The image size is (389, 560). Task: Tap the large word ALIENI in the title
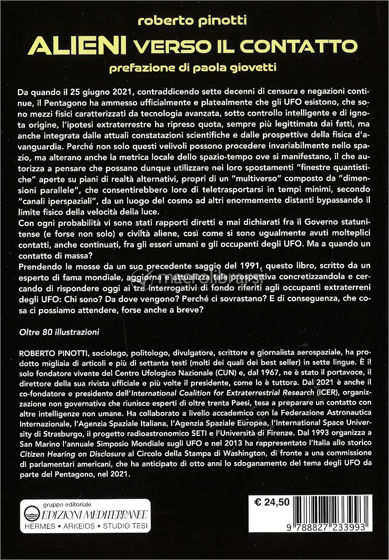pos(77,46)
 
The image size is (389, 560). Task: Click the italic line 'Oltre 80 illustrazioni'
pos(59,332)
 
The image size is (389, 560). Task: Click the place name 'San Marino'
pos(39,444)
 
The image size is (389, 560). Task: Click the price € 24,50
pos(272,502)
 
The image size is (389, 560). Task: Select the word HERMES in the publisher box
pos(40,526)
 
